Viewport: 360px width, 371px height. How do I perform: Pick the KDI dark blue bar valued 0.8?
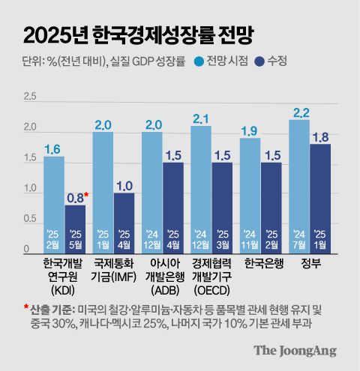(x=75, y=225)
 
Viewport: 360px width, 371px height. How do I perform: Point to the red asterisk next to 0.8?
(x=88, y=195)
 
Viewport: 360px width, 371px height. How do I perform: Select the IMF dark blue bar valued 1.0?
(x=124, y=221)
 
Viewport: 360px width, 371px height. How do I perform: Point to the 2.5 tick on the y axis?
(x=30, y=97)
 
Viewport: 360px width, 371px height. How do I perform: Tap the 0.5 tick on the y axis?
(x=30, y=219)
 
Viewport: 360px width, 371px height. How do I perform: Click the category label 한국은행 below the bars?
(x=261, y=265)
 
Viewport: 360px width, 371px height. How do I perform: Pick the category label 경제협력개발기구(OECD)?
(x=211, y=277)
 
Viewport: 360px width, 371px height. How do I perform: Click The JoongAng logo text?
(x=294, y=350)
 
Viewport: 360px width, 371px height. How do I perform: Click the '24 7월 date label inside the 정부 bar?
(x=299, y=238)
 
